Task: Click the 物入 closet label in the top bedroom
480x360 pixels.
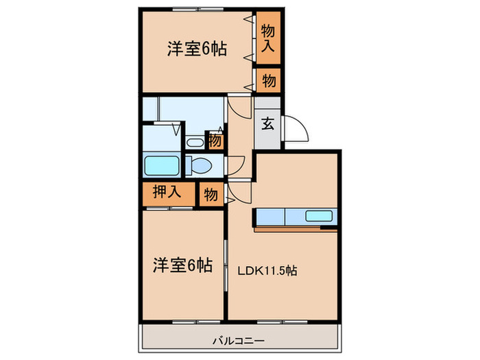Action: (269, 38)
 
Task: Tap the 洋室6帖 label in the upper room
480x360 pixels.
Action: (197, 49)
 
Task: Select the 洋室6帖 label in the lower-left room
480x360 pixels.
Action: (181, 265)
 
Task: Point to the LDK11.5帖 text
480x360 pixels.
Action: (267, 269)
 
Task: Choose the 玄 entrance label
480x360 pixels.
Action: (268, 125)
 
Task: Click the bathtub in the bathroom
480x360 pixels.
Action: (162, 166)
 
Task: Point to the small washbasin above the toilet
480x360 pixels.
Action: (194, 143)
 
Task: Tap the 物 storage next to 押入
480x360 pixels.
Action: (211, 195)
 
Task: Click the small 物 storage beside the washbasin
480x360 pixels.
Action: (215, 141)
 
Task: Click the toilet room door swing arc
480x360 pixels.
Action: (235, 165)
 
